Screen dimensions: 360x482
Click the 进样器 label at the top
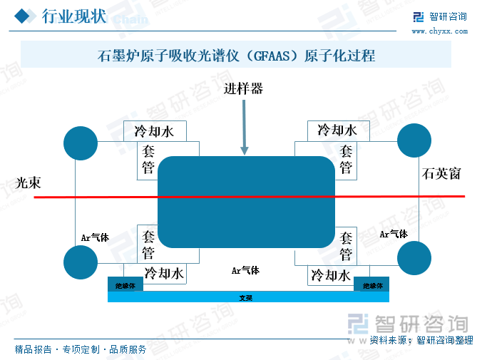(243, 89)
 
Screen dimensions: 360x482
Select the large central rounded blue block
(245, 202)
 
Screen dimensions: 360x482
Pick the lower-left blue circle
(81, 262)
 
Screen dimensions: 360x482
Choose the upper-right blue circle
(414, 140)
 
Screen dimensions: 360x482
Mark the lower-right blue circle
(414, 258)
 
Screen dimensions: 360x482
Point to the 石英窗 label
(441, 173)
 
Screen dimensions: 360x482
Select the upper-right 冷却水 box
(337, 130)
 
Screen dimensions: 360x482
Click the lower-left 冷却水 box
(164, 274)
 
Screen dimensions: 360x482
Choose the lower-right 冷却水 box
(331, 274)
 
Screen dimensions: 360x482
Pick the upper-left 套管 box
(148, 160)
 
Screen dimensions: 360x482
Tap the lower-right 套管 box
(346, 246)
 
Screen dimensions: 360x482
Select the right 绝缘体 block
(371, 284)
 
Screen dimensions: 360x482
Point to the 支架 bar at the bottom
(247, 297)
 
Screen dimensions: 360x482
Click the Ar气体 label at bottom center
(245, 270)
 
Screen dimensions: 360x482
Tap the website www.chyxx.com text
(439, 31)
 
